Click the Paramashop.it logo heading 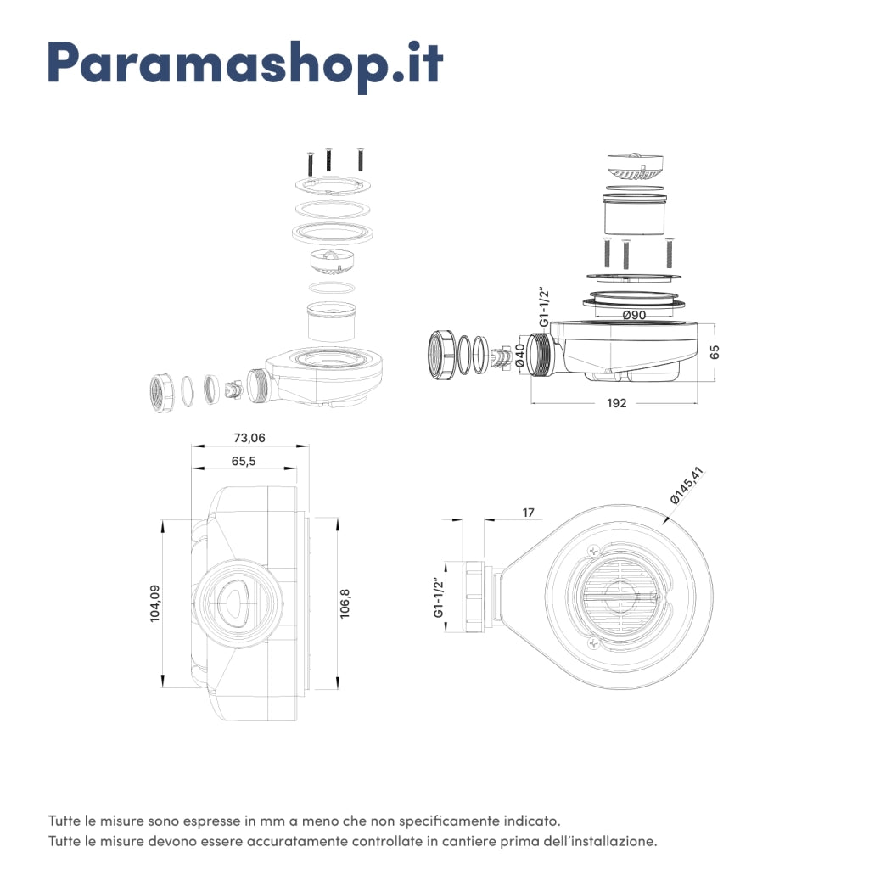(245, 64)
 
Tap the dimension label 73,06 (249, 438)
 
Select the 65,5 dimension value (244, 461)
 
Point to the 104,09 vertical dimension (155, 603)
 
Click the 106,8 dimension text (345, 603)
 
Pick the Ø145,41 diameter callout (687, 485)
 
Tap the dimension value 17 (528, 513)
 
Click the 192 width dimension (616, 403)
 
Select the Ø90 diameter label (634, 315)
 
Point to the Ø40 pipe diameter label (520, 356)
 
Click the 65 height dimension (715, 352)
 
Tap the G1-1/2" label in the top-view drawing (439, 597)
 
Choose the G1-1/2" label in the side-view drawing (544, 307)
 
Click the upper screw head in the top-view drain (593, 551)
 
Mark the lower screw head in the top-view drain (593, 643)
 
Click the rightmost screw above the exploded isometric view (361, 159)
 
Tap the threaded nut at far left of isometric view (162, 393)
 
